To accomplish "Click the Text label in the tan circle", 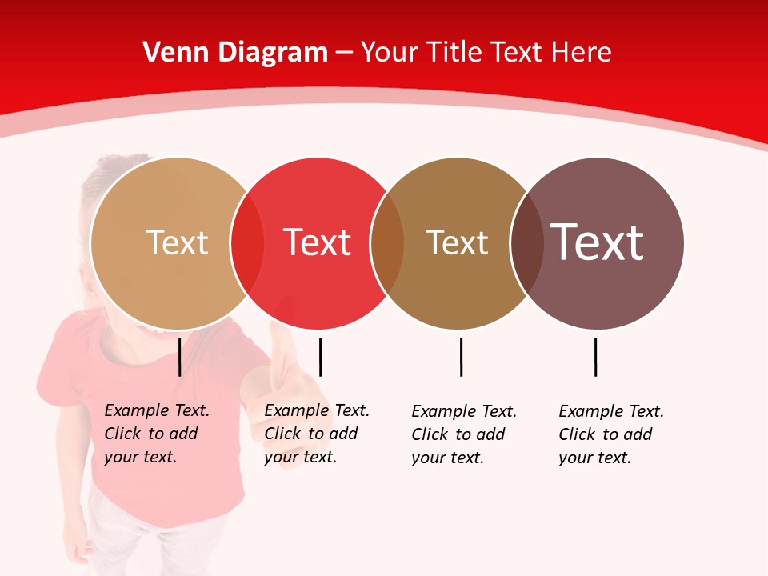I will (177, 242).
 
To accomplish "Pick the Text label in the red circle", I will (318, 242).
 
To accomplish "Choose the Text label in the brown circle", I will (457, 242).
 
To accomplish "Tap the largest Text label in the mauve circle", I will (598, 242).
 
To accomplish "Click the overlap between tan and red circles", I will (247, 242).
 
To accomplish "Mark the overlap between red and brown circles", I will (387, 242).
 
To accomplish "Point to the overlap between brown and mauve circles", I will (526, 242).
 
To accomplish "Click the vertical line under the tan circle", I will (180, 357).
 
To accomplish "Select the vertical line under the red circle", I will (320, 357).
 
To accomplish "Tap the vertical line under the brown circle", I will (461, 357).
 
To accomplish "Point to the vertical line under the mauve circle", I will (595, 357).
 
